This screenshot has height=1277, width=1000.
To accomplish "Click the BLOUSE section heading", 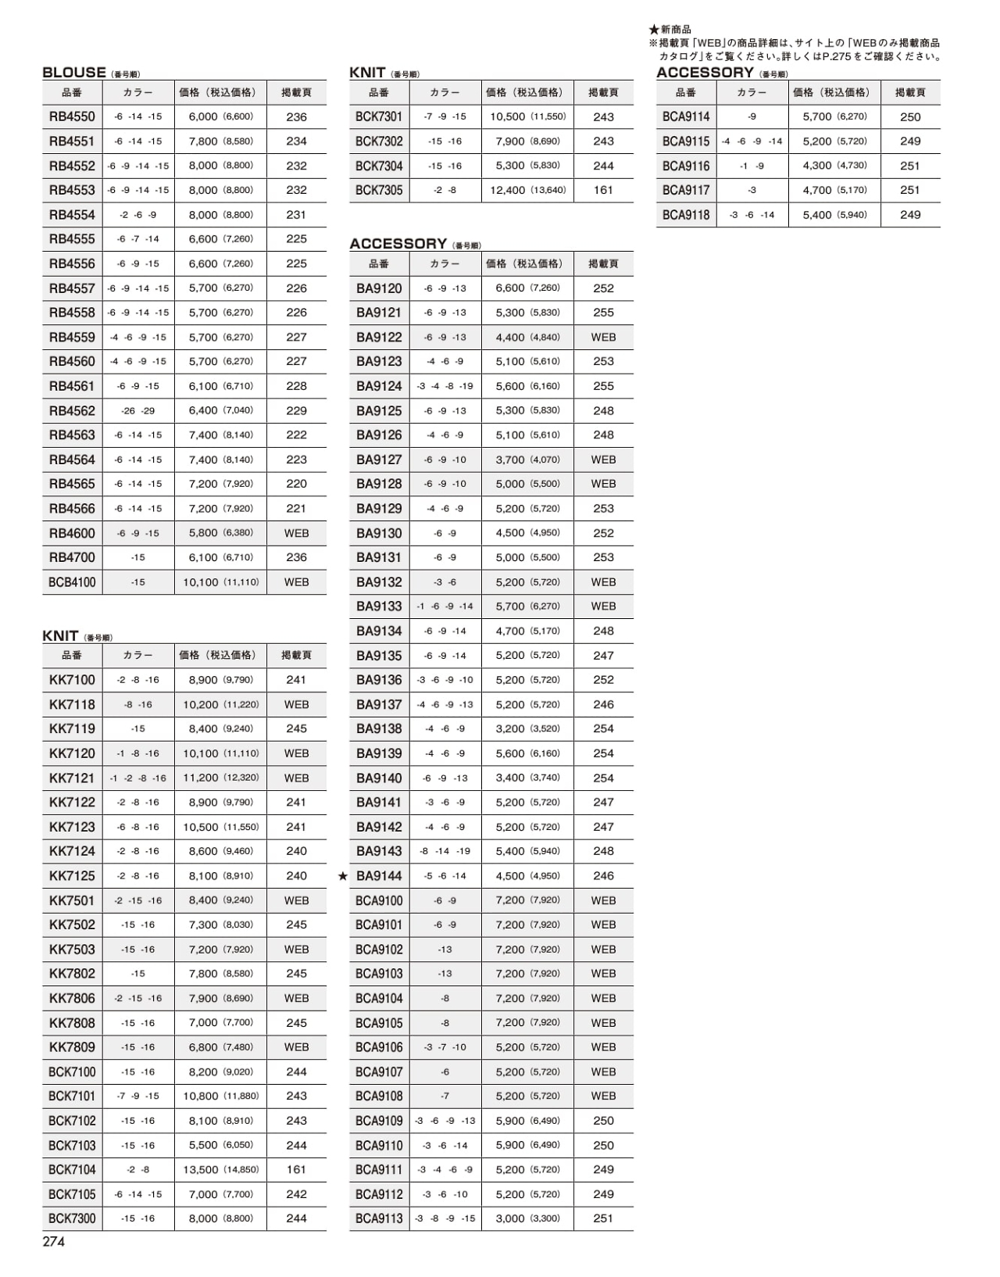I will pyautogui.click(x=74, y=73).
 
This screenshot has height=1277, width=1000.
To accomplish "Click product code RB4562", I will pyautogui.click(x=72, y=410).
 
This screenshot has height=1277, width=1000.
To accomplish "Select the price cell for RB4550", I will pyautogui.click(x=220, y=116).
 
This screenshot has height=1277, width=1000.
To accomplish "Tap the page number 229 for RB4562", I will pyautogui.click(x=296, y=410).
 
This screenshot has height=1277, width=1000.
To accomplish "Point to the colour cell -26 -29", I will pyautogui.click(x=138, y=410).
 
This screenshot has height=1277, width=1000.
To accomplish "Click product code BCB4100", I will pyautogui.click(x=72, y=582).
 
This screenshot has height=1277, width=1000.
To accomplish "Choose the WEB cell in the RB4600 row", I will pyautogui.click(x=296, y=533).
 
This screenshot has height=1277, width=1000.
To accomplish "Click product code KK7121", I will pyautogui.click(x=72, y=778).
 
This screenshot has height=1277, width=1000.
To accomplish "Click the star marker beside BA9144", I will pyautogui.click(x=343, y=876).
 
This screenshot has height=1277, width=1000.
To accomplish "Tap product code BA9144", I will pyautogui.click(x=379, y=876).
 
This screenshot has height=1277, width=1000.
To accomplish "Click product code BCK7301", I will pyautogui.click(x=379, y=116).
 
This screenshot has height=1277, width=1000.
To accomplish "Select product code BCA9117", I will pyautogui.click(x=686, y=190).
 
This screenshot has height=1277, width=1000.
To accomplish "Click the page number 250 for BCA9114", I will pyautogui.click(x=910, y=116).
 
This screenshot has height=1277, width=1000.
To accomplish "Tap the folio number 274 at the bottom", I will pyautogui.click(x=54, y=1242).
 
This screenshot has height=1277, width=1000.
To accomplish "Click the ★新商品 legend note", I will pyautogui.click(x=670, y=30).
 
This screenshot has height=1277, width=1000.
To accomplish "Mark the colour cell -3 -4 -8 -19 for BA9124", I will pyautogui.click(x=445, y=386).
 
